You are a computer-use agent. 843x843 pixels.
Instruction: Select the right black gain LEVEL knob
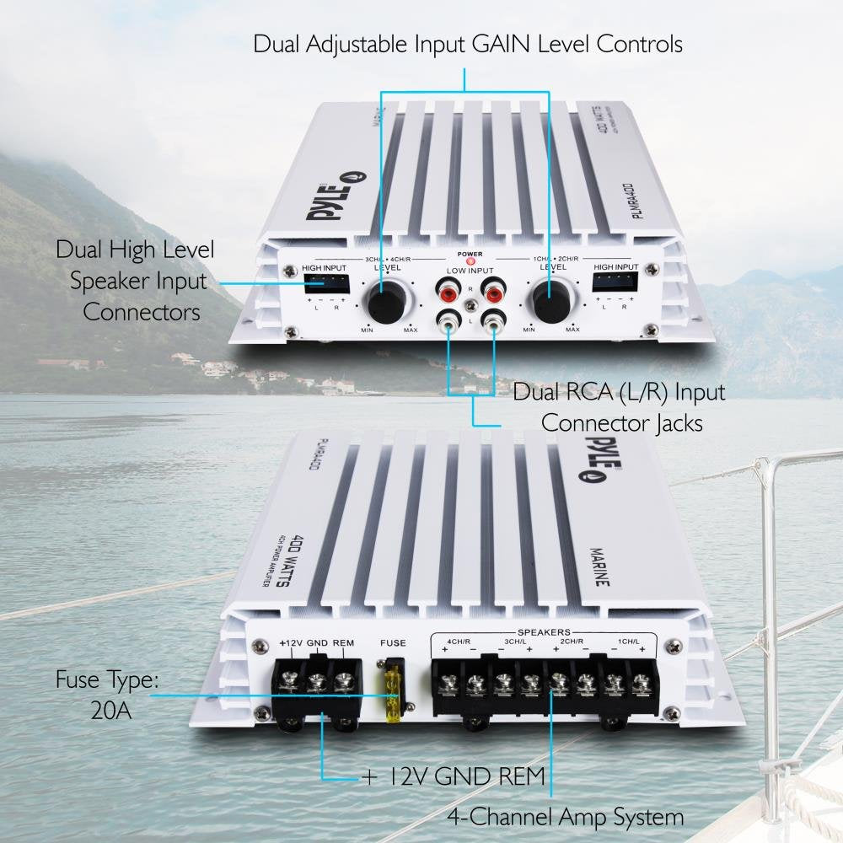pos(549,301)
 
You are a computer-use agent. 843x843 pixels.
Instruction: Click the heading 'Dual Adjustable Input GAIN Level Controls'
pos(468,44)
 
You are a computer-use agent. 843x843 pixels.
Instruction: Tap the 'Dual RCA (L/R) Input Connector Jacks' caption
pos(620,406)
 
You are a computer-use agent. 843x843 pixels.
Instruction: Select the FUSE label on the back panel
pos(393,643)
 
